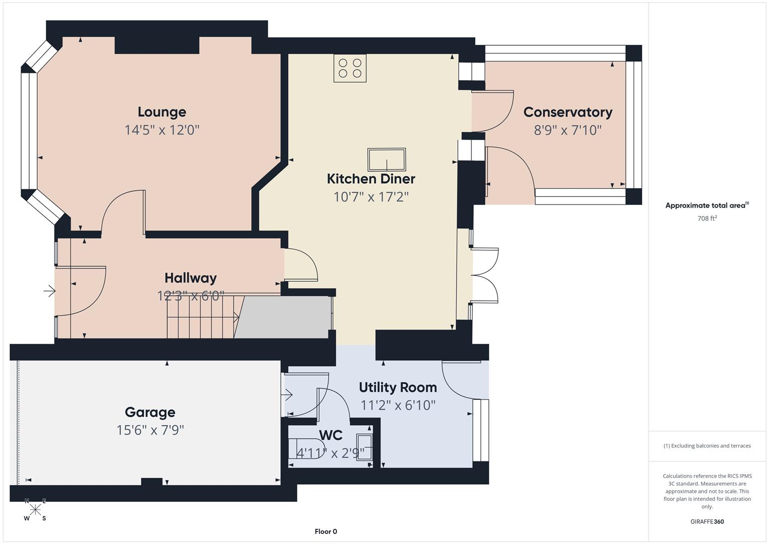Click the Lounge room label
(162, 112)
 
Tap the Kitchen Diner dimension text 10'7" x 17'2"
(371, 196)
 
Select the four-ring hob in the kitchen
(350, 69)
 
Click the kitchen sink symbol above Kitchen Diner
(386, 160)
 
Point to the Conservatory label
(568, 112)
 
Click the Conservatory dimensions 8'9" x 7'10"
(568, 130)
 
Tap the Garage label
(150, 412)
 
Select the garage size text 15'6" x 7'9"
(150, 430)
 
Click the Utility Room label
(397, 387)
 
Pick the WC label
(330, 435)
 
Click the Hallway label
(190, 278)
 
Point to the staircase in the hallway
(201, 317)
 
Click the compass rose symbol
(35, 509)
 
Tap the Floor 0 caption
(326, 531)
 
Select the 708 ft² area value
(707, 218)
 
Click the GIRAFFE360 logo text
(707, 521)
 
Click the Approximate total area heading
(707, 206)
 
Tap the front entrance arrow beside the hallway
(49, 291)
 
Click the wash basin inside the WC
(365, 447)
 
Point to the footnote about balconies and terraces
(707, 446)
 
